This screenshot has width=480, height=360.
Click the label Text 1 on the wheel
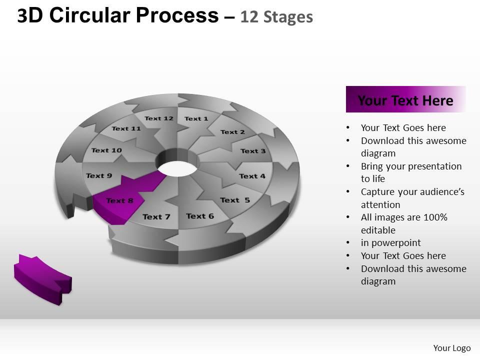point(196,118)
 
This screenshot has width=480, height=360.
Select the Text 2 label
point(232,132)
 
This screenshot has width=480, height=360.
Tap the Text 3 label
point(253,151)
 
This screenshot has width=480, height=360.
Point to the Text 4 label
point(252,176)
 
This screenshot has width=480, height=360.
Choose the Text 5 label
point(235,200)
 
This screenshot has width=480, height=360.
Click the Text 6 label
point(200,216)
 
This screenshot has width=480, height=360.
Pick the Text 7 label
point(156,216)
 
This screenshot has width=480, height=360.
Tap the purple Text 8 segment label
point(119,200)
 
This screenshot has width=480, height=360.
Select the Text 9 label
point(99,175)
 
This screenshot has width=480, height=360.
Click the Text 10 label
point(106,150)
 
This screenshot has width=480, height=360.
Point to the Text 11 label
point(126,128)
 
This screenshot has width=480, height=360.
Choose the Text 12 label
point(159,118)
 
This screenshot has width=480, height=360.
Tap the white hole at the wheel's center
point(177,169)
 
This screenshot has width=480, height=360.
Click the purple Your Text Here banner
point(405,99)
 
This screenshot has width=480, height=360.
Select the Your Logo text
point(452,348)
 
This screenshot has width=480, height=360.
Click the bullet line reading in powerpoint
point(390,243)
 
